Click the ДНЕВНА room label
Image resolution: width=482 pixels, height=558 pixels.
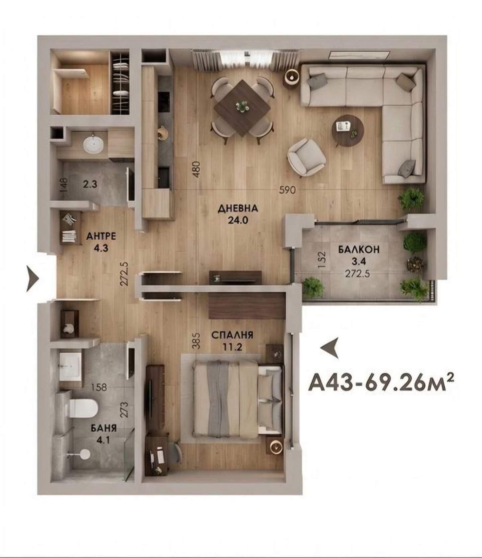238,209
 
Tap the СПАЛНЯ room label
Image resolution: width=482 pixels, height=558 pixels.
232,335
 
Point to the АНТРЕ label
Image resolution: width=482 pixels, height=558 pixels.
101,237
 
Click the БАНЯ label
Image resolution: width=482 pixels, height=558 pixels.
104,428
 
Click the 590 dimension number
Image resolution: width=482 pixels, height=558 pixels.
288,190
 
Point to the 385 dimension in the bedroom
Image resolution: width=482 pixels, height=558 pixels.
196,341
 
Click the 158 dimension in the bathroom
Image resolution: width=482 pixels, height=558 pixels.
99,387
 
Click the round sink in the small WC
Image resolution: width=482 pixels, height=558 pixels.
93,144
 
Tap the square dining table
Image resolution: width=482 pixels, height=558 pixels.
242,108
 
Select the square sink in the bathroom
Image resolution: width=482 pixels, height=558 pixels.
71,366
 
